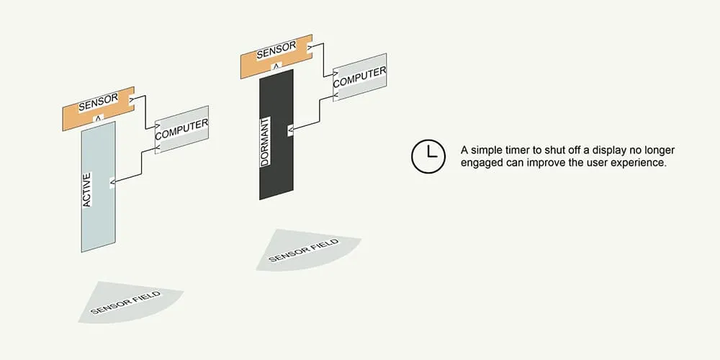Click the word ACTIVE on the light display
pyautogui.click(x=87, y=190)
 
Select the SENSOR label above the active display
pyautogui.click(x=99, y=103)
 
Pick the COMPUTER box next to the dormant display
pyautogui.click(x=360, y=78)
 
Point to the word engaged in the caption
pyautogui.click(x=482, y=163)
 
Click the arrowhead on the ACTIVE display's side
pyautogui.click(x=112, y=182)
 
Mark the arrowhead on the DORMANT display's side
pyautogui.click(x=290, y=130)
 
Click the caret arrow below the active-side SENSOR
pyautogui.click(x=99, y=117)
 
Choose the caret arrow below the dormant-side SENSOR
pyautogui.click(x=276, y=65)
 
